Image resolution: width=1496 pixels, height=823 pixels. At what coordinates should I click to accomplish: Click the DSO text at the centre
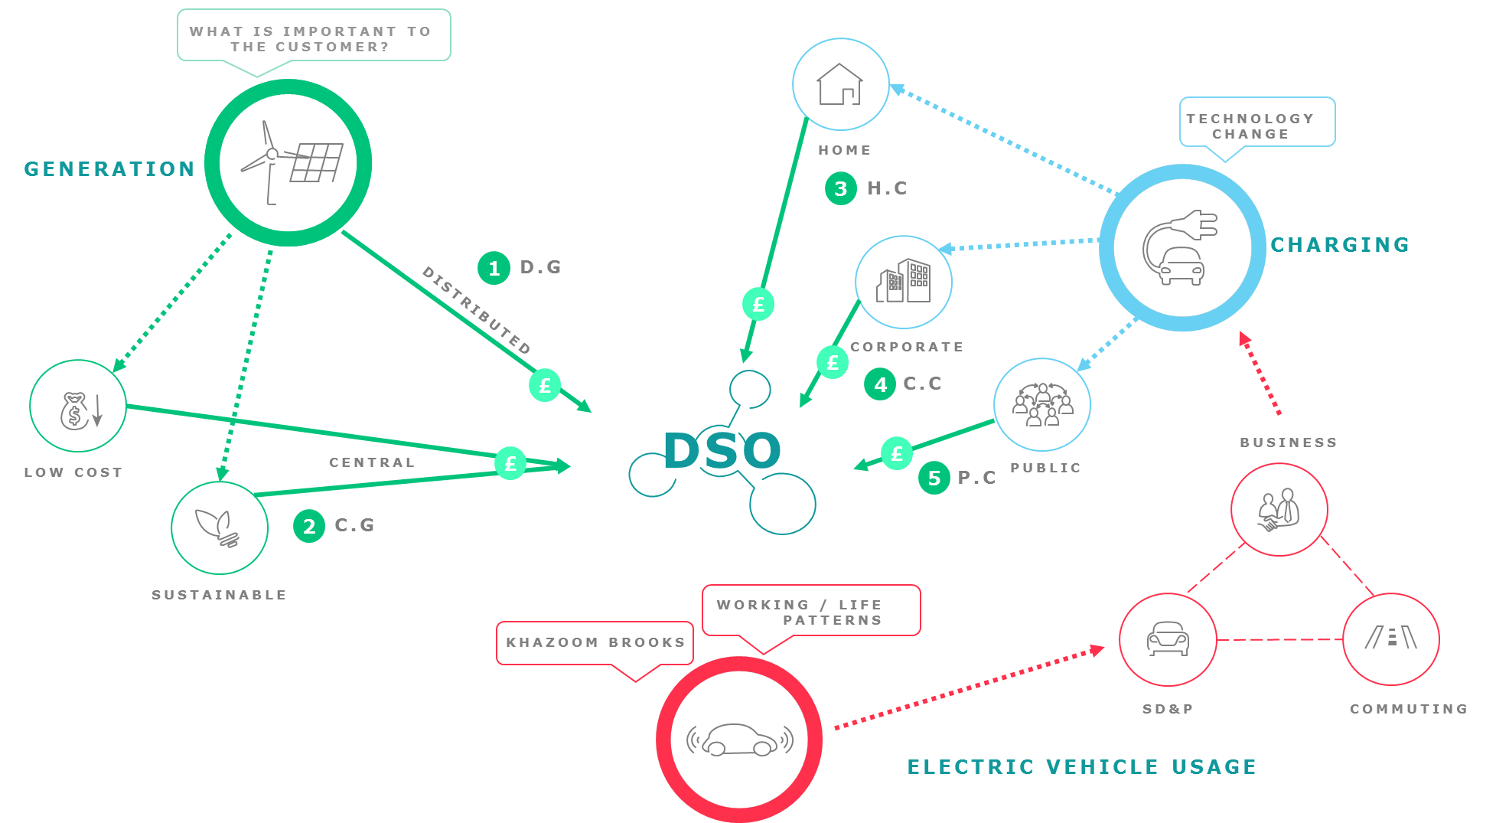point(722,450)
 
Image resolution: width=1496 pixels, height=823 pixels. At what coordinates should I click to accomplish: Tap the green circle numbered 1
point(494,268)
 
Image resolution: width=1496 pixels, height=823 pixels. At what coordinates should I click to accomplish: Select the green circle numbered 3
point(841,188)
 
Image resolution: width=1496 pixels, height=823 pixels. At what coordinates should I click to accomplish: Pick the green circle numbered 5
point(934,478)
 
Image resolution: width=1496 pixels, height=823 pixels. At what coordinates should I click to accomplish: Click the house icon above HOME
point(840,84)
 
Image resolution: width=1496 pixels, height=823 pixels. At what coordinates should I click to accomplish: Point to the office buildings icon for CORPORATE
point(904,281)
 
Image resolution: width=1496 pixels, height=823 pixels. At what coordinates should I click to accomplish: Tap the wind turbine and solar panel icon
point(288,162)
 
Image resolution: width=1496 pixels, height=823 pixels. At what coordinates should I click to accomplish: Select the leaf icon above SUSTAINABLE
point(220,527)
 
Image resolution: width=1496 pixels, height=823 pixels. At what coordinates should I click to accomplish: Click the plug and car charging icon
point(1182,247)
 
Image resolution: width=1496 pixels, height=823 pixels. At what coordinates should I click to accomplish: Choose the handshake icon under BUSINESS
point(1279,510)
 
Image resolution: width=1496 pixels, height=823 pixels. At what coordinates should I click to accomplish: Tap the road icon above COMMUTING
point(1391,638)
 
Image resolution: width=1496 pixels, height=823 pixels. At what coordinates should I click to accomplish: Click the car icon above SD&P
point(1168,638)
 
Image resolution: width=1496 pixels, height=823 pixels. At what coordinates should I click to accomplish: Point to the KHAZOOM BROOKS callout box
point(595,643)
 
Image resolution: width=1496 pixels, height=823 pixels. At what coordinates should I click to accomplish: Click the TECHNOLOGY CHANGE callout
point(1256,122)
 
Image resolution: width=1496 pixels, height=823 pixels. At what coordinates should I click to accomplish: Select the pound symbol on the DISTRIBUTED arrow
point(545,385)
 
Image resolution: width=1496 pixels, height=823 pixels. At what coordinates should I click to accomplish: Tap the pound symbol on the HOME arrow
point(758,304)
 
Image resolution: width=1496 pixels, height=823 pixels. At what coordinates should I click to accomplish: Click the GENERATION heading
point(109,169)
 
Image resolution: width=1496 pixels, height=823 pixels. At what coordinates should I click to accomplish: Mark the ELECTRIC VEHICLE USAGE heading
point(1081,766)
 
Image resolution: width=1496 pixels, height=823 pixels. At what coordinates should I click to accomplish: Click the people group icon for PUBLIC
point(1042,404)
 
